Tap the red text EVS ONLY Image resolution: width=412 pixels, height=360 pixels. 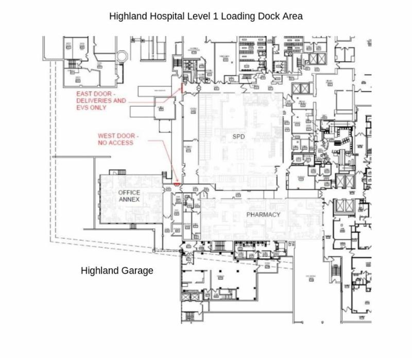pyautogui.click(x=91, y=108)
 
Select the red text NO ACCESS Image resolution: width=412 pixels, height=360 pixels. pyautogui.click(x=115, y=143)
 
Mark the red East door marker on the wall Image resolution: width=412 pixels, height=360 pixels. pyautogui.click(x=181, y=88)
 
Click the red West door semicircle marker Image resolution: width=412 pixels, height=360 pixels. pyautogui.click(x=176, y=183)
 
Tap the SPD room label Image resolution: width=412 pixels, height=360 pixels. pyautogui.click(x=239, y=136)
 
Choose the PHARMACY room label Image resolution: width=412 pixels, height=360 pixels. pyautogui.click(x=263, y=214)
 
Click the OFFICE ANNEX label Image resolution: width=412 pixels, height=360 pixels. pyautogui.click(x=129, y=196)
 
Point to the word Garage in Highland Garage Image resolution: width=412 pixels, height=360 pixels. pyautogui.click(x=135, y=270)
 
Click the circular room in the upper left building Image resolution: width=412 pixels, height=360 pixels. pyautogui.click(x=122, y=56)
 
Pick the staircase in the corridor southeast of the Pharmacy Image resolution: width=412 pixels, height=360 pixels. pyautogui.click(x=336, y=269)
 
